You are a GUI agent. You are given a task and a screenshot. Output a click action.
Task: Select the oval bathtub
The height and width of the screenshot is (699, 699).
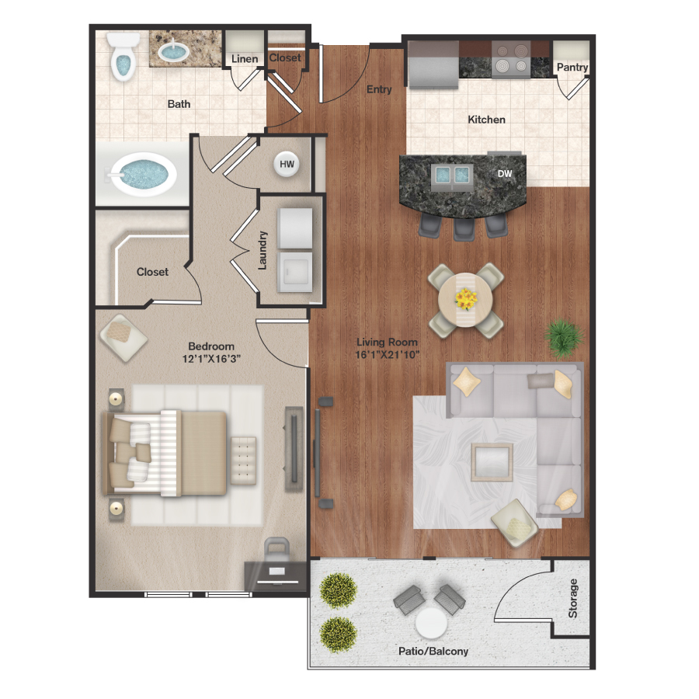(141, 172)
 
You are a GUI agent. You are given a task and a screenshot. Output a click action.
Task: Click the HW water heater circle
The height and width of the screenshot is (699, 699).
(287, 165)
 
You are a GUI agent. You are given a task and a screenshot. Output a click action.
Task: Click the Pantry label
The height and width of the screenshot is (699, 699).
(572, 68)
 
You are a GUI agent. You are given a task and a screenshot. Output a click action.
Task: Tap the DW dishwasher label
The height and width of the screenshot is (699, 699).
(505, 174)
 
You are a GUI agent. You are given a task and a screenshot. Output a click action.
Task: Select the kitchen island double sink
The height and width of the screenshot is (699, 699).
(451, 176)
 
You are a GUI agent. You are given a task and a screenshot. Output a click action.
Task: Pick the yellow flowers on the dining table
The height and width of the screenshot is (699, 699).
(467, 297)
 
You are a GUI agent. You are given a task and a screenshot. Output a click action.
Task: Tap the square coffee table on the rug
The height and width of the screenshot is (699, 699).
(492, 462)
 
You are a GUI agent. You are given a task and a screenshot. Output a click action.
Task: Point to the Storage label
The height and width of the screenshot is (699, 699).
(573, 598)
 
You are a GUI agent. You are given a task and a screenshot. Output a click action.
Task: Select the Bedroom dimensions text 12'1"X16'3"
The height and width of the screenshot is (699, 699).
(211, 359)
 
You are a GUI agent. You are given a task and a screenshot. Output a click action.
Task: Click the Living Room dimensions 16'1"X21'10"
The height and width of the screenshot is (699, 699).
(387, 355)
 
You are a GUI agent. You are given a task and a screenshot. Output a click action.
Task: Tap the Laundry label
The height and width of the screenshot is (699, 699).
(263, 250)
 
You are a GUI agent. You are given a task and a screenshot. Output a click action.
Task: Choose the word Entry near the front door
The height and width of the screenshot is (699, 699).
(379, 89)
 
